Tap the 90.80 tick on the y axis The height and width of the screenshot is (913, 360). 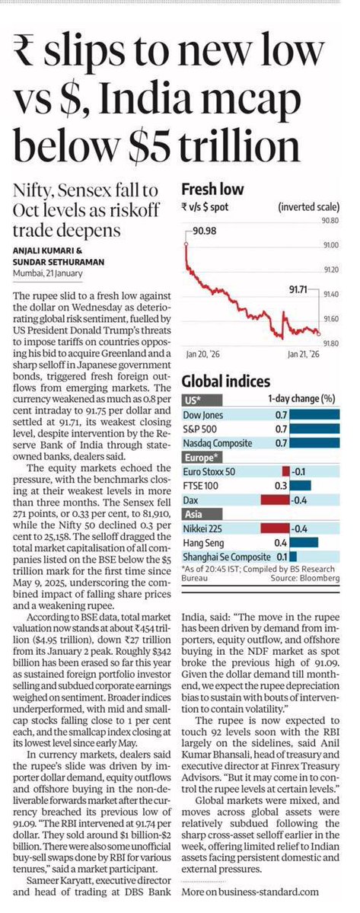pos(329,221)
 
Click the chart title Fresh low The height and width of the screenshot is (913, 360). pos(212,190)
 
